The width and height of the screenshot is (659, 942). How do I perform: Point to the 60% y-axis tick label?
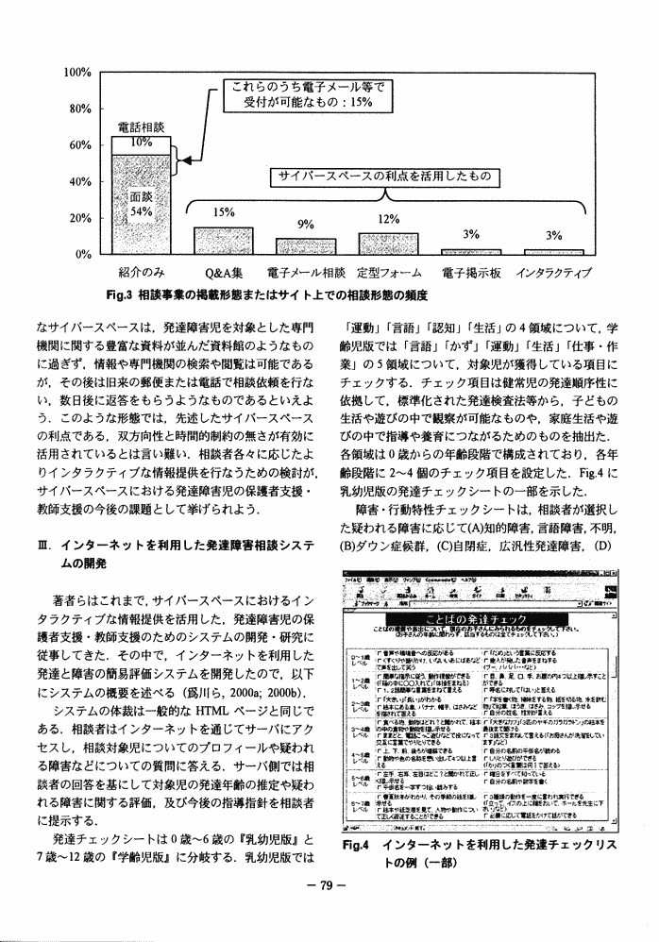click(77, 145)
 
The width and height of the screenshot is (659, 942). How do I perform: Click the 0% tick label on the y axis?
click(80, 254)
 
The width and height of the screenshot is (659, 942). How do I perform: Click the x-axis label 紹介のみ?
click(144, 273)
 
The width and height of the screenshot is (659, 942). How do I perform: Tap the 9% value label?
click(305, 225)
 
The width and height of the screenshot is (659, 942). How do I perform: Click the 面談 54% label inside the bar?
click(142, 205)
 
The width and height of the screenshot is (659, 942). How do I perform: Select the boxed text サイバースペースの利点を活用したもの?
click(380, 177)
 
